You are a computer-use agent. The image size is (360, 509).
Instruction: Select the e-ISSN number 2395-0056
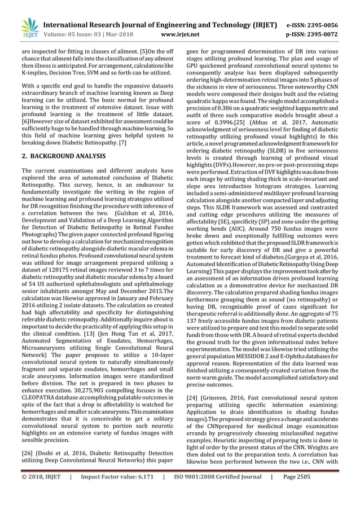click(x=324, y=25)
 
